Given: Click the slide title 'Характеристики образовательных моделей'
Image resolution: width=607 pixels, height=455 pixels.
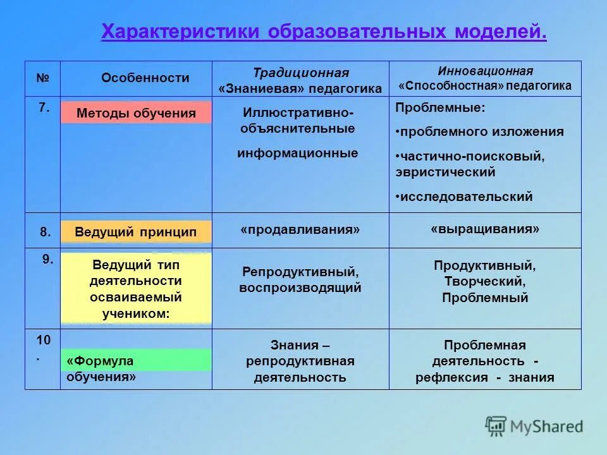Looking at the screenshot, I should pyautogui.click(x=324, y=32).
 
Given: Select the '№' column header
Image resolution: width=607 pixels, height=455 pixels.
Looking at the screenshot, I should pyautogui.click(x=43, y=78).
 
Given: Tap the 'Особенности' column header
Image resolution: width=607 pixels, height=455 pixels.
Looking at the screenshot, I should pyautogui.click(x=145, y=78).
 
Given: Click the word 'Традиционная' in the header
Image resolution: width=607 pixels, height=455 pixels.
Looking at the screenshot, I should pyautogui.click(x=300, y=73).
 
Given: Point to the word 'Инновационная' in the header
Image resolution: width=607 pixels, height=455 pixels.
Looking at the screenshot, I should pyautogui.click(x=485, y=71).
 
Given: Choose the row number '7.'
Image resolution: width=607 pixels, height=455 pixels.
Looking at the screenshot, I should pyautogui.click(x=44, y=108).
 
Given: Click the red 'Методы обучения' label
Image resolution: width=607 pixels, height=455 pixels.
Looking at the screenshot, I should pyautogui.click(x=136, y=113).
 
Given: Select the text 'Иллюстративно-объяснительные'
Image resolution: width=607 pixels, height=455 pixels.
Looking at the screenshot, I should pyautogui.click(x=298, y=121).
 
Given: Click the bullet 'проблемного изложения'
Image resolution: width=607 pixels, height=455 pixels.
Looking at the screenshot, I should pyautogui.click(x=481, y=131).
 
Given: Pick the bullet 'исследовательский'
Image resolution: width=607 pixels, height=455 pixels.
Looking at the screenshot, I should pyautogui.click(x=465, y=197).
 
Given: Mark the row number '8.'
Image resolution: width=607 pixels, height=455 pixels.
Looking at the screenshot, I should pyautogui.click(x=46, y=232).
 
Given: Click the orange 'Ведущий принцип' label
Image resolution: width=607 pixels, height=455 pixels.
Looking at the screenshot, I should pyautogui.click(x=136, y=232).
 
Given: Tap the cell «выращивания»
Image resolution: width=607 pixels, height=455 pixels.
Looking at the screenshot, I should pyautogui.click(x=485, y=229).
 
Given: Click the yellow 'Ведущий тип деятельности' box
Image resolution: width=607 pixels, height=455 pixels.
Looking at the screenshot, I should pyautogui.click(x=137, y=288).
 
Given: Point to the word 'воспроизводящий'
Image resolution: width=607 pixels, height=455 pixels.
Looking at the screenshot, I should pyautogui.click(x=300, y=288).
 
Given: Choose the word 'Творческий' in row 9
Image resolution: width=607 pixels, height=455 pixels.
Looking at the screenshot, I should pyautogui.click(x=484, y=281).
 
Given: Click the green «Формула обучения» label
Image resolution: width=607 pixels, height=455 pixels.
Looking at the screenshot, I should pyautogui.click(x=136, y=361).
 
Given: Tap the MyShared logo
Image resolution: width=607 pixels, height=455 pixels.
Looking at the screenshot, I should pyautogui.click(x=534, y=426).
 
